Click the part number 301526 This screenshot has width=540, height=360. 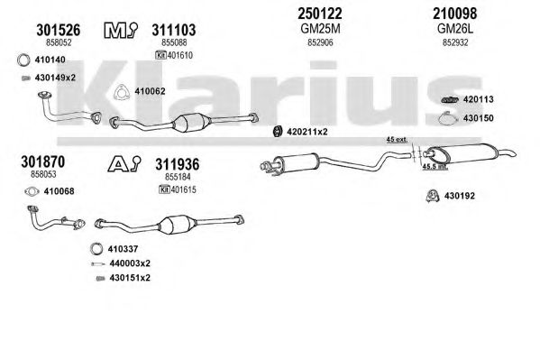[59, 30]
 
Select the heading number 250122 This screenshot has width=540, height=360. [320, 14]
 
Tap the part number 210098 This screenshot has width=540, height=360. [455, 14]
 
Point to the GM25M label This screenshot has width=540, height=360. [320, 29]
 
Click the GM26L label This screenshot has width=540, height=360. [455, 29]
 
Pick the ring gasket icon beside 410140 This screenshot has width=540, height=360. [23, 60]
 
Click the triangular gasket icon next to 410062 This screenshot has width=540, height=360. [122, 92]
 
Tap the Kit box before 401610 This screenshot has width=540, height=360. [160, 55]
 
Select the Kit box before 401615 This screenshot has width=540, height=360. [164, 189]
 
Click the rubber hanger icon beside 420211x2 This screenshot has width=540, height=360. [278, 132]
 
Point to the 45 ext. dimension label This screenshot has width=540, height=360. [397, 140]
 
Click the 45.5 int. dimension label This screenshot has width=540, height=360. [435, 167]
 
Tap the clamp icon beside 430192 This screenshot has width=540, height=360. [432, 196]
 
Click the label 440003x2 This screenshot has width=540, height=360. [130, 263]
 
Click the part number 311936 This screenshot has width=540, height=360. [177, 164]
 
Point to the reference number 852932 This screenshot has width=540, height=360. [455, 42]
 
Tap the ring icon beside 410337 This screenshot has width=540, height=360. [96, 249]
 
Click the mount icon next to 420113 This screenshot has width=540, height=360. [450, 99]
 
